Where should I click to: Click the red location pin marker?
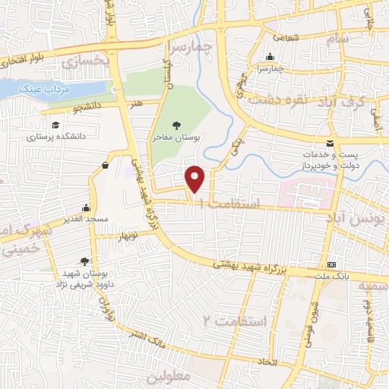[x=195, y=179]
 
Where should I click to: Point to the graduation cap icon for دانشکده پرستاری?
[x=55, y=125]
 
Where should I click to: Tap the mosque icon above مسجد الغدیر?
[x=87, y=207]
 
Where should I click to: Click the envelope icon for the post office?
[x=329, y=143]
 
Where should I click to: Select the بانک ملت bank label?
[x=333, y=277]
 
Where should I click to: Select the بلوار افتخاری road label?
[x=34, y=55]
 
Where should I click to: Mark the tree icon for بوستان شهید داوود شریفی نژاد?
[x=94, y=260]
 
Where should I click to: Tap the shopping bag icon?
[x=104, y=164]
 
